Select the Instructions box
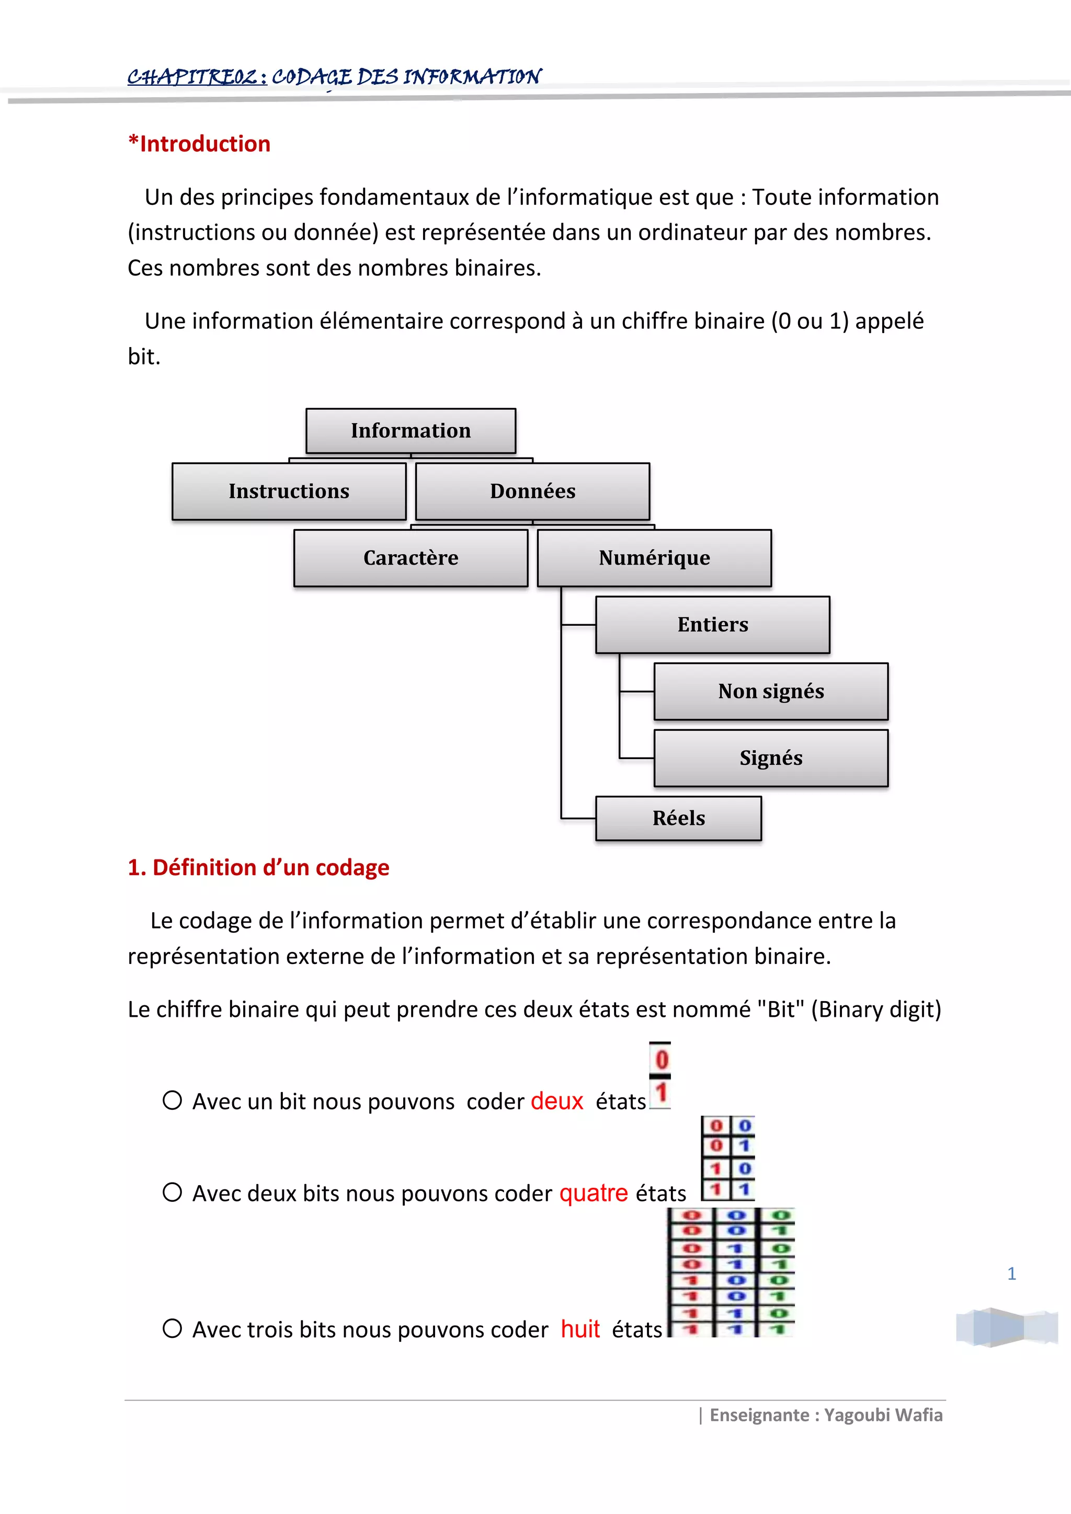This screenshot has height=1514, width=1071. (x=289, y=491)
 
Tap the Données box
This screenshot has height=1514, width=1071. (x=532, y=491)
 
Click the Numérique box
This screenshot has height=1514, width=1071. (x=654, y=558)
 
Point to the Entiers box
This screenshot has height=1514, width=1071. (x=712, y=624)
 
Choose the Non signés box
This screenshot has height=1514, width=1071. (x=771, y=691)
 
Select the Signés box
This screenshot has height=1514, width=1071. (x=771, y=758)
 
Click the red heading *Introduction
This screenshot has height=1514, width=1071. (x=199, y=144)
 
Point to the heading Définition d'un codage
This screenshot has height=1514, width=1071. (x=258, y=867)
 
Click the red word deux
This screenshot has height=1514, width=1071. (x=556, y=1100)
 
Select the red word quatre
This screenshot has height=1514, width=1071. (x=594, y=1193)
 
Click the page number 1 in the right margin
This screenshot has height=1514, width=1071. (x=1012, y=1274)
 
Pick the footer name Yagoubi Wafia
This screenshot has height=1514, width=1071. (x=883, y=1415)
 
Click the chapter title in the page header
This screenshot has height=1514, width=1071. (x=334, y=77)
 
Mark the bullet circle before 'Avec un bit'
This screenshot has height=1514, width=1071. (x=172, y=1100)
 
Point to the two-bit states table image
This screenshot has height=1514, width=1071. (x=727, y=1157)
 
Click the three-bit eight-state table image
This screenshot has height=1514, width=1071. (x=731, y=1272)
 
